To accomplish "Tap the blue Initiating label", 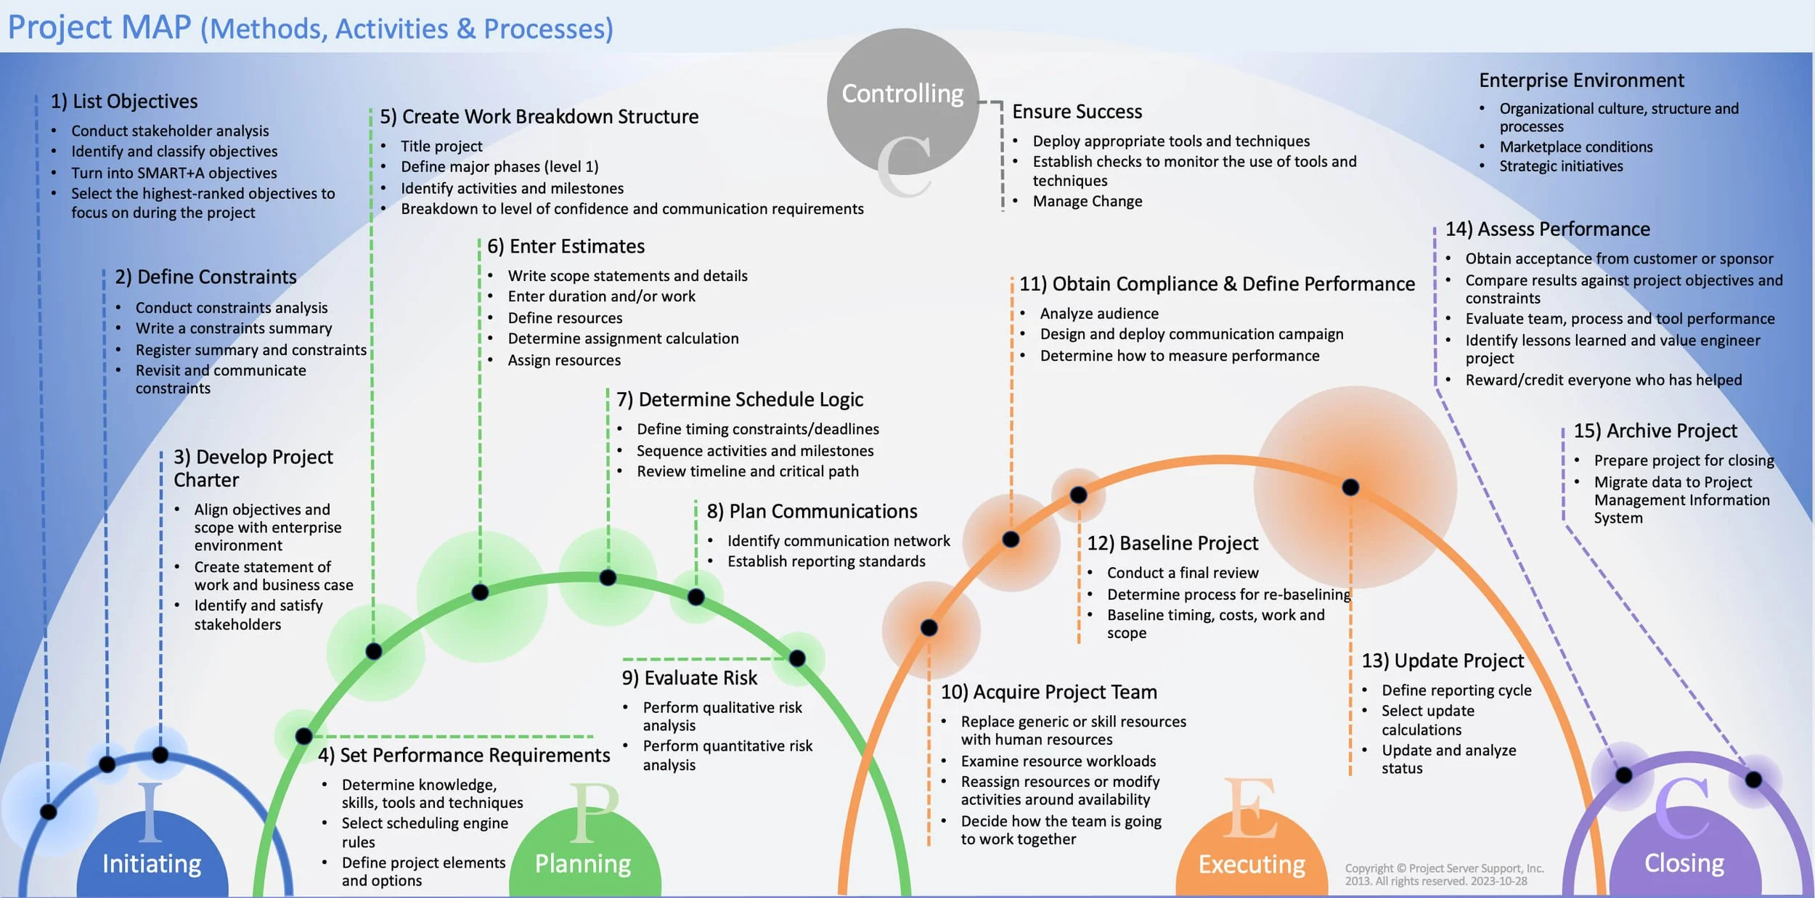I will (x=151, y=863).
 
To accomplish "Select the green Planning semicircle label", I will (x=583, y=863).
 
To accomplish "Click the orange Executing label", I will (x=1251, y=864).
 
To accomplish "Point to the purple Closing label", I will (x=1684, y=862).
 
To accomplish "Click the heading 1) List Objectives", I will (x=124, y=102).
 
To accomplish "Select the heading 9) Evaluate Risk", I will (x=689, y=677).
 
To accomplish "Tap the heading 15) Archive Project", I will (x=1655, y=430).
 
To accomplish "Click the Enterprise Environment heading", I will (x=1581, y=80).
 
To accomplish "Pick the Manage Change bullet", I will (x=1087, y=201).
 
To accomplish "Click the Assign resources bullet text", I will (x=564, y=360).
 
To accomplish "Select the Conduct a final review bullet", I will (x=1182, y=573).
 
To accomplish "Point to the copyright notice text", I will (x=1443, y=874).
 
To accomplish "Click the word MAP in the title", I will (x=156, y=28).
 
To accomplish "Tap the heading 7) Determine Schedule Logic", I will (x=740, y=399).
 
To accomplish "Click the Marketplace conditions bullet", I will (x=1575, y=147).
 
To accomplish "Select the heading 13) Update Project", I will (x=1442, y=661).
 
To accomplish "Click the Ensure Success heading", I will (x=1077, y=112).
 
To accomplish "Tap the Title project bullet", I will (x=441, y=146).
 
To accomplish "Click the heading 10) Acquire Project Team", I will (x=1048, y=692).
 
